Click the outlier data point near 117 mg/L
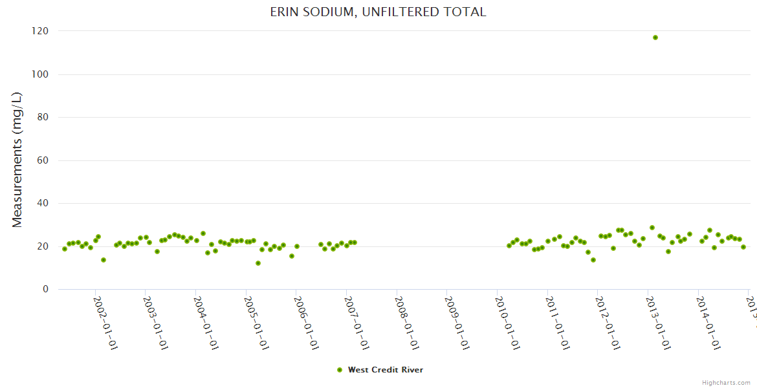655,38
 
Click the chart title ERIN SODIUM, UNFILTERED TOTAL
378,12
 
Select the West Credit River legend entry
385,370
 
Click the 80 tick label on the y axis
43,117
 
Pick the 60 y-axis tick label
43,160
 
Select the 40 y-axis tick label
43,203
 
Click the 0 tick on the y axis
45,289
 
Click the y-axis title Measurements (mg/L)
17,160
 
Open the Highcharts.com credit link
726,383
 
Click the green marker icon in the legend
340,370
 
